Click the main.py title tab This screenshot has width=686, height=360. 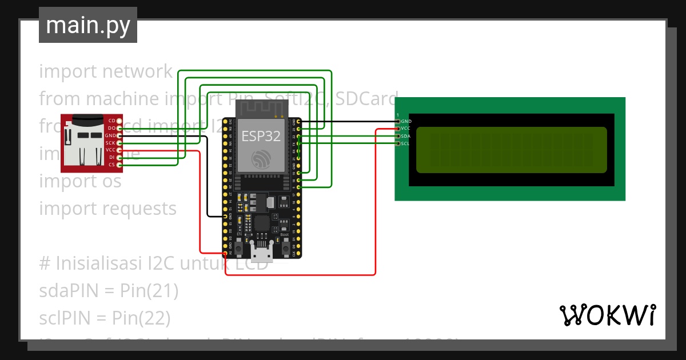pos(87,25)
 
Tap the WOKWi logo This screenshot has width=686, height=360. pos(607,315)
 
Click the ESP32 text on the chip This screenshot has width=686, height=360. pos(261,136)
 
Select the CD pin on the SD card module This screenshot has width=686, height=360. pos(119,121)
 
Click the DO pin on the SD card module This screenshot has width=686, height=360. pos(119,128)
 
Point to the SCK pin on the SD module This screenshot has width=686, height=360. pos(119,143)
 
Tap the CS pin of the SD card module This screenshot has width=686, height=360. pos(119,165)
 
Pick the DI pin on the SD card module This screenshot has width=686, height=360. pos(119,157)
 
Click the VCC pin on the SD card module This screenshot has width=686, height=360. pos(119,150)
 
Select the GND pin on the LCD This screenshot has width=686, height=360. pos(398,122)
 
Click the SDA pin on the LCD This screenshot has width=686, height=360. pos(398,137)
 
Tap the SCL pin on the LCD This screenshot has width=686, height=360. pos(398,143)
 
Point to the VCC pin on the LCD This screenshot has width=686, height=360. pos(398,129)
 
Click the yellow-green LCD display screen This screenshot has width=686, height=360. pos(511,150)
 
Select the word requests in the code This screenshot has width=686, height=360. pos(139,209)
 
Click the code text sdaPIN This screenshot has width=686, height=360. pos(69,291)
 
